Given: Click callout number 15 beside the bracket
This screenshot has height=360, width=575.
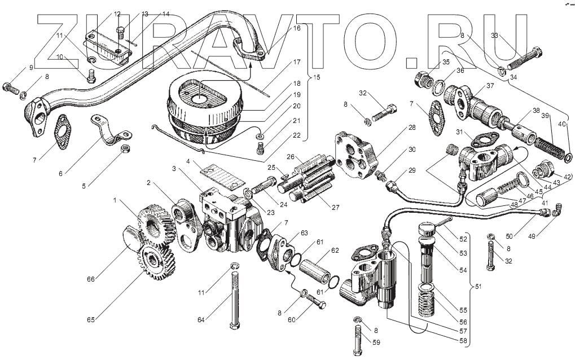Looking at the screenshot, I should pos(316,77).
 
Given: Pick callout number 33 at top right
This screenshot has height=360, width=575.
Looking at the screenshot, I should pos(495,36).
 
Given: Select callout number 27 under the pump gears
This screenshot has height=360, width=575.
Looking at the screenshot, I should pos(335,207).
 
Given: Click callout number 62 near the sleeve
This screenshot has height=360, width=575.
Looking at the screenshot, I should pos(335,250).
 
